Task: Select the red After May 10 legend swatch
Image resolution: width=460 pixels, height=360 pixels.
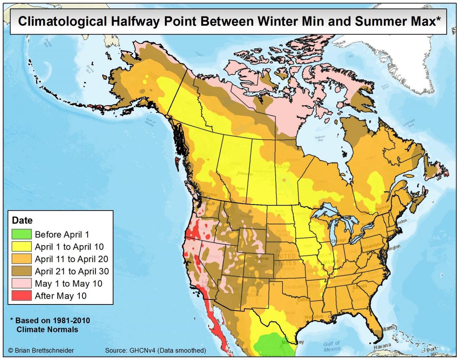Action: pos(21,296)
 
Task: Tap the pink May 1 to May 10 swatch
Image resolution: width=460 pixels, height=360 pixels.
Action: pos(21,283)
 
